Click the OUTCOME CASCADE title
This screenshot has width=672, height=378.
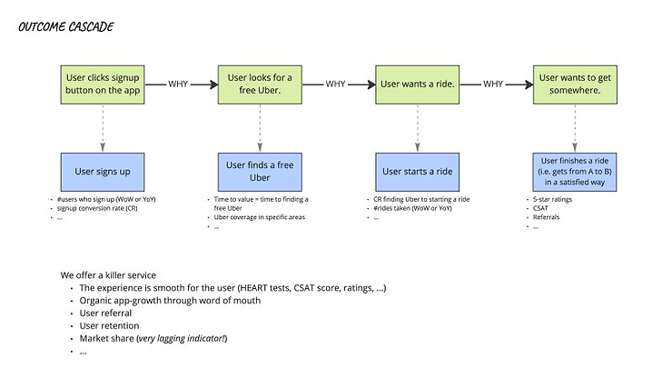(x=66, y=27)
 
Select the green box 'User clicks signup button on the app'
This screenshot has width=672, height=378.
(x=102, y=85)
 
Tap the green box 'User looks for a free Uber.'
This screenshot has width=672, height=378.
(x=260, y=85)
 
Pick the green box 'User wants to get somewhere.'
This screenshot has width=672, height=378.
(x=574, y=85)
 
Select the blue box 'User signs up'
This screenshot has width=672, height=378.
(x=102, y=171)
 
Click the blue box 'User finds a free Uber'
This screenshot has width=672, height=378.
(x=260, y=171)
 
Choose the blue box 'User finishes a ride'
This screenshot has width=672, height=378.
(x=574, y=171)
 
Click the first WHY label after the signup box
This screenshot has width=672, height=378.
(x=179, y=84)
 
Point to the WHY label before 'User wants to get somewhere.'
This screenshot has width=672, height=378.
(x=493, y=84)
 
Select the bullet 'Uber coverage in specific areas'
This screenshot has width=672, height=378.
(x=259, y=217)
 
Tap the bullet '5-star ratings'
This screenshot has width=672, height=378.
(x=549, y=199)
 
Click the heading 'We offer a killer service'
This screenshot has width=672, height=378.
(x=108, y=274)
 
